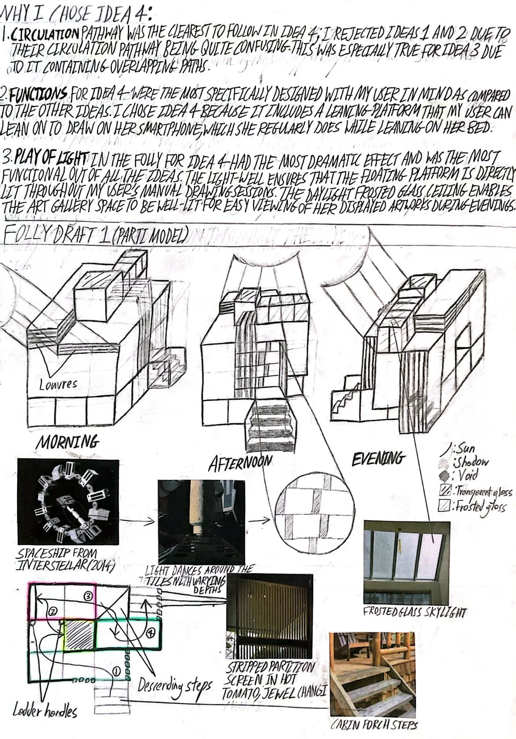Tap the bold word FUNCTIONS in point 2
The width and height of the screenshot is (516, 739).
(38, 94)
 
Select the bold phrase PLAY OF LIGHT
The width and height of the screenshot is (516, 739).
(52, 158)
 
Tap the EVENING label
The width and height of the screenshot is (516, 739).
(378, 458)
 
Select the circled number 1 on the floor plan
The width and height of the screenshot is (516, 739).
(116, 671)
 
